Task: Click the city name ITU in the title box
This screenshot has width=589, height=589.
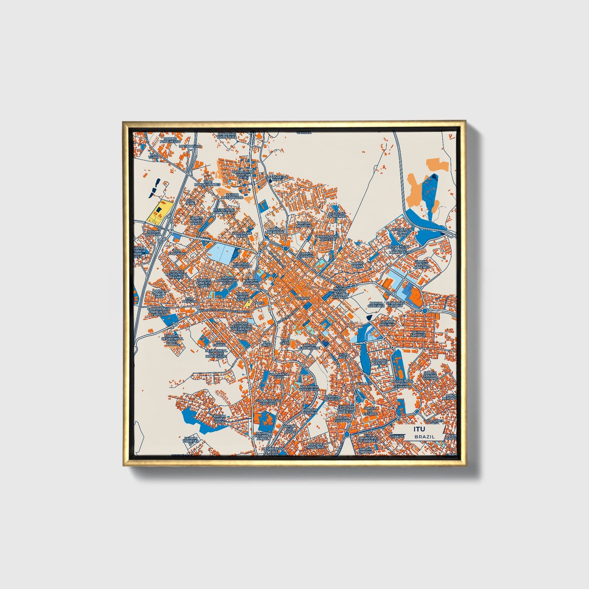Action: (x=419, y=429)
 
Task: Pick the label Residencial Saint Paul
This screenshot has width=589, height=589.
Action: (x=402, y=232)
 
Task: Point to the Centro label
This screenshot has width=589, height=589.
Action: (x=303, y=298)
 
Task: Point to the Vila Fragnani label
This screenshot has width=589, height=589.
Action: (x=179, y=252)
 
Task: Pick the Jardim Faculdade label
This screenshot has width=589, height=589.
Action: (x=309, y=346)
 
